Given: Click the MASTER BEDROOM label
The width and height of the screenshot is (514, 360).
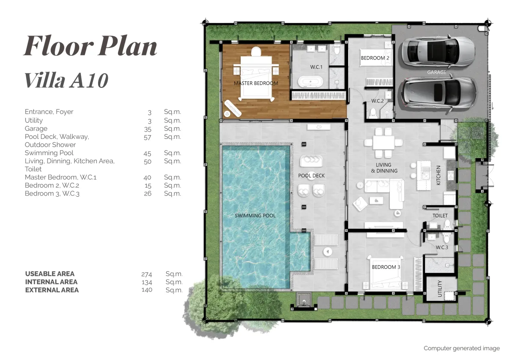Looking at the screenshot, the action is [x=256, y=83].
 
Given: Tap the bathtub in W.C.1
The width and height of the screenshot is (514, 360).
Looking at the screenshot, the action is [x=311, y=82].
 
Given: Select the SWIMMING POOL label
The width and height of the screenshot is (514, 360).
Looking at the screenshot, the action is [x=255, y=216].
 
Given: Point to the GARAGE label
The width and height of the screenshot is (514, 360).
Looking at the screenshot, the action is [x=436, y=72].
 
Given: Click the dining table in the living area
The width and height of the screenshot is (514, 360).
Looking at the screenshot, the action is [x=383, y=143].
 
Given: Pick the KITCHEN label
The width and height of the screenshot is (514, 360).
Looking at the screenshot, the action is [x=438, y=175].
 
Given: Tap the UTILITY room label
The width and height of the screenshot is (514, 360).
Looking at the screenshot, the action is [x=439, y=288].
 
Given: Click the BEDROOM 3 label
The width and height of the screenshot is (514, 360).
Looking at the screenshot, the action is [x=386, y=267].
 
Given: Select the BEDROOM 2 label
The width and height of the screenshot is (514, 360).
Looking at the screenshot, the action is [x=375, y=58].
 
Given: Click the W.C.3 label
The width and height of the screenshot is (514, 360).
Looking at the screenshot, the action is [x=442, y=247].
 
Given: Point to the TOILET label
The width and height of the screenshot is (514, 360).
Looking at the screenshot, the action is [x=440, y=216].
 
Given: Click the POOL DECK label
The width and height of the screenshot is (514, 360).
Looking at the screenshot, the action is [x=311, y=176].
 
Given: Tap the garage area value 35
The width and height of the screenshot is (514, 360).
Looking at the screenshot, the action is [x=147, y=129].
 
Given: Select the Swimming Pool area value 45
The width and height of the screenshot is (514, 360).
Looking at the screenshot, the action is [x=147, y=153].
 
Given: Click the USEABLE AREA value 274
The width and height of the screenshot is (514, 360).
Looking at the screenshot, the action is [x=146, y=274].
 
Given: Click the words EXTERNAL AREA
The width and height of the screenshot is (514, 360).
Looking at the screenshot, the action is [x=52, y=290].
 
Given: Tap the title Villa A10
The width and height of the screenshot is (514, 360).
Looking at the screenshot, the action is [x=66, y=81].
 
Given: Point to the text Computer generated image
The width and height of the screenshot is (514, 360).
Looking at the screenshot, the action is [x=462, y=348].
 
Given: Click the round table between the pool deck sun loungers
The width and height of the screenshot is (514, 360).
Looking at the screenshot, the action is [x=328, y=252].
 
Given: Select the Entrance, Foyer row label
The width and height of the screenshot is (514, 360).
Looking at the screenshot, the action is [x=49, y=112].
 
